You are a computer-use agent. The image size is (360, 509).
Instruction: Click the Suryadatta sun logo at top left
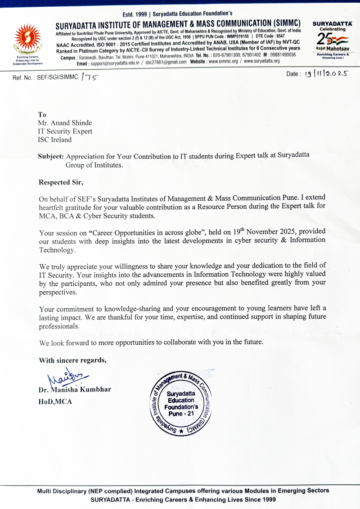pyautogui.click(x=28, y=41)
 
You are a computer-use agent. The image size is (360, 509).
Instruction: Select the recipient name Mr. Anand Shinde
pyautogui.click(x=65, y=123)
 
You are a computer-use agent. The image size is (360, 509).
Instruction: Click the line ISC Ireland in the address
pyautogui.click(x=55, y=140)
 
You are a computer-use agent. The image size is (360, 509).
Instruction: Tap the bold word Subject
pyautogui.click(x=51, y=157)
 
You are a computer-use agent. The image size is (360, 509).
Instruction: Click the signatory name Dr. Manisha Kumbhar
pyautogui.click(x=75, y=389)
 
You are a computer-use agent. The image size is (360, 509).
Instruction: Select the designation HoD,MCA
pyautogui.click(x=55, y=401)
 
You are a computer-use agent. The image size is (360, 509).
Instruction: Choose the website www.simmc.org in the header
pyautogui.click(x=223, y=62)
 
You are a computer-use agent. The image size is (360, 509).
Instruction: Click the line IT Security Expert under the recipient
pyautogui.click(x=65, y=131)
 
